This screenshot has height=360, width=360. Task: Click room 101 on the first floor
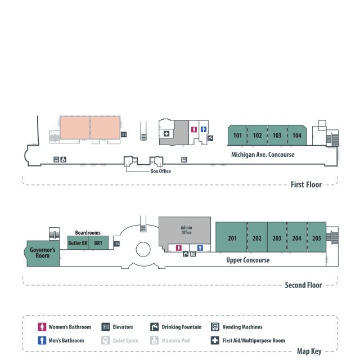pos(237,136)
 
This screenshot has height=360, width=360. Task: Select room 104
pos(297,136)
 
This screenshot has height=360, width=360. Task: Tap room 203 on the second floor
pos(277,238)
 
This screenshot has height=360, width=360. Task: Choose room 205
pos(317,238)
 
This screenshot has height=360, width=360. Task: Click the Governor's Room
pos(42,253)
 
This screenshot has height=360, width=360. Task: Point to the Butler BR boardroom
pos(78,243)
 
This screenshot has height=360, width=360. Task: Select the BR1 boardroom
pos(98,243)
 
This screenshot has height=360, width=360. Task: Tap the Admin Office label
pos(186,229)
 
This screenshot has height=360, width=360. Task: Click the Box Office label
pos(160,171)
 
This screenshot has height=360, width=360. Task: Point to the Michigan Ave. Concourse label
pos(263,155)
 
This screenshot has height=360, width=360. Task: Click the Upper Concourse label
pos(247,260)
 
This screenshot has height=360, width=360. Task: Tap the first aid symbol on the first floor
pos(166,133)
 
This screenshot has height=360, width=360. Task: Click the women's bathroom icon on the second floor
pos(179,247)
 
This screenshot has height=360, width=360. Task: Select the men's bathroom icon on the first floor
pos(204,129)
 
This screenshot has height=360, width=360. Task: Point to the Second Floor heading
pos(303,285)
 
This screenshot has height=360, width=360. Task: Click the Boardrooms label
pos(88,232)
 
